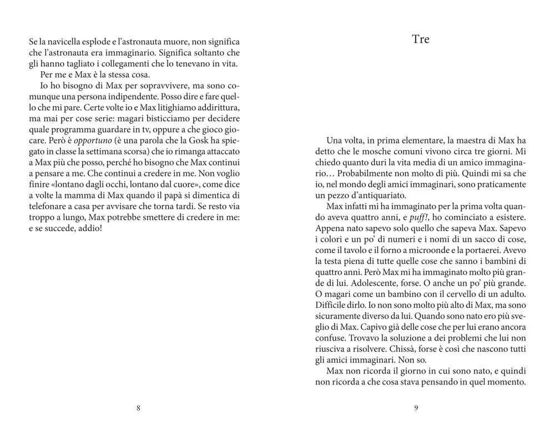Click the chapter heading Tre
point(421,39)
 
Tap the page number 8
point(138,408)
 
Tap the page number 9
point(416,408)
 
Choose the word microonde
point(431,250)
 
